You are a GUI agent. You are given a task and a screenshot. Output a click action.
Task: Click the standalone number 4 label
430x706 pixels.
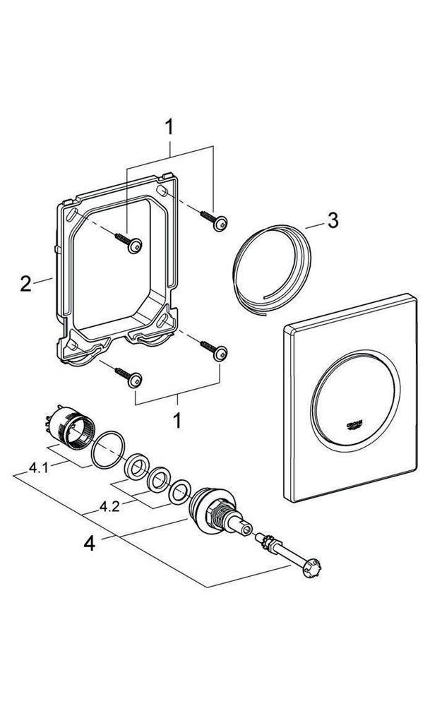[89, 544]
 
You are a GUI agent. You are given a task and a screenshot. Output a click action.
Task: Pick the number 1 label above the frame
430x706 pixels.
[169, 128]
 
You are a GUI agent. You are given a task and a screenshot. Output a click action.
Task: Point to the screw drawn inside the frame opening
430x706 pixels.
[134, 245]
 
